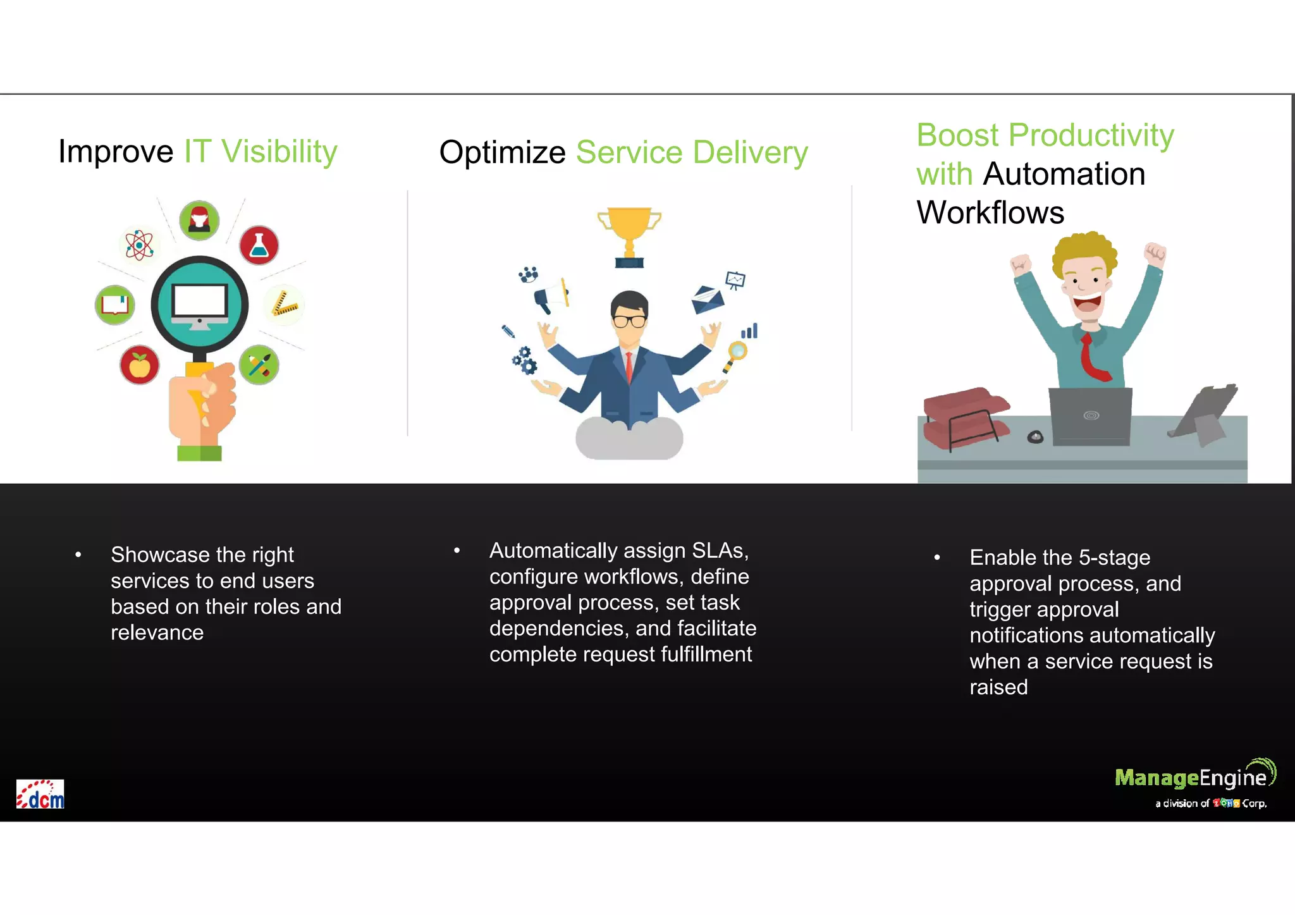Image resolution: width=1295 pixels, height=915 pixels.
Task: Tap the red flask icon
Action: click(259, 245)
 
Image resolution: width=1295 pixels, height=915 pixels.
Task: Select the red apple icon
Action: click(139, 365)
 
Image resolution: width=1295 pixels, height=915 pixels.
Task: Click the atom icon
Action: click(139, 245)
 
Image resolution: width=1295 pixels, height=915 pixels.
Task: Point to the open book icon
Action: click(115, 305)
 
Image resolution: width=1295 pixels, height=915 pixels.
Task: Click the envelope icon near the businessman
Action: click(708, 298)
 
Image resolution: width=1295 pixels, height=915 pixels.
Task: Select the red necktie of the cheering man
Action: click(1091, 357)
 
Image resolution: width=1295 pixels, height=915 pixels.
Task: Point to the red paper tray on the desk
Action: click(964, 417)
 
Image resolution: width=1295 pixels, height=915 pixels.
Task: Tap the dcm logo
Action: click(40, 794)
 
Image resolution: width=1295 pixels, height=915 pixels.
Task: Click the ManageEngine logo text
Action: click(1190, 778)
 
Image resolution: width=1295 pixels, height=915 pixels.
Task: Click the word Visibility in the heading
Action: click(279, 152)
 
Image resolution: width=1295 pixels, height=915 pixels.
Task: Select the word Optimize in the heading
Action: click(503, 153)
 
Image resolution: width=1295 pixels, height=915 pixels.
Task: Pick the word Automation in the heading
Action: click(1064, 174)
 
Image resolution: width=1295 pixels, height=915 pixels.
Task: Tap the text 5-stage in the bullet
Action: click(1114, 558)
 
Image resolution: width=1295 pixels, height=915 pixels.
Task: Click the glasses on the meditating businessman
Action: click(629, 321)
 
